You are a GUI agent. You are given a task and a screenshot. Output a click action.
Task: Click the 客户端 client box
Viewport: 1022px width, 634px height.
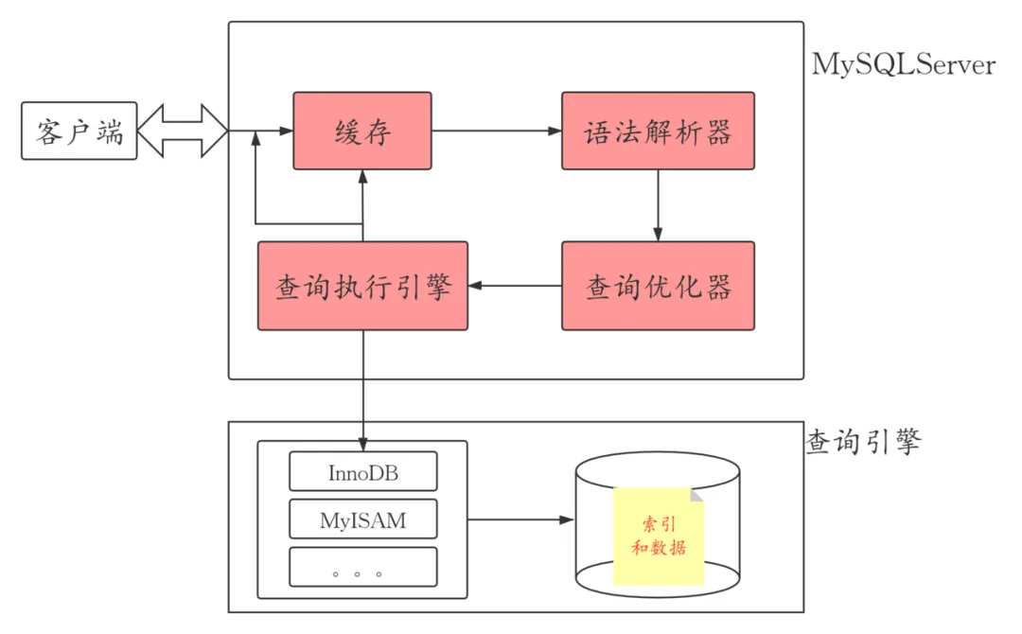click(79, 131)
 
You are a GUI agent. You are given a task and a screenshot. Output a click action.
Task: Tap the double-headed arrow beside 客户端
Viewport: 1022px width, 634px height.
click(183, 131)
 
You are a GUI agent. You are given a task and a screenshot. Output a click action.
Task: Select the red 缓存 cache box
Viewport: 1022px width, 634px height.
click(362, 131)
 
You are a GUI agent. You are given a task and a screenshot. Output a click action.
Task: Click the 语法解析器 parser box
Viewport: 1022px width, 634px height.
click(659, 131)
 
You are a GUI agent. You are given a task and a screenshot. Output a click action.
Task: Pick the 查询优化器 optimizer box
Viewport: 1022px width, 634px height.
click(659, 286)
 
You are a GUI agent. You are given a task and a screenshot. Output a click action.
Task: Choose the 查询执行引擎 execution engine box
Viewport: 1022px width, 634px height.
click(362, 286)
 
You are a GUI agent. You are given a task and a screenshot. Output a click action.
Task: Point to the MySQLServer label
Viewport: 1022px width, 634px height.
click(904, 65)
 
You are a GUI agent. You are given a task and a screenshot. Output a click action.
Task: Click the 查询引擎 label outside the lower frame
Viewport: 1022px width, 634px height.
click(863, 442)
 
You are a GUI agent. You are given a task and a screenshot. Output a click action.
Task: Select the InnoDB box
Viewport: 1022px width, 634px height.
click(363, 471)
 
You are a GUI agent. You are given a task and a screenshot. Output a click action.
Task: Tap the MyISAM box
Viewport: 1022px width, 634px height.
click(363, 520)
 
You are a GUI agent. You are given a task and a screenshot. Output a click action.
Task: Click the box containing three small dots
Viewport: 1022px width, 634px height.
click(363, 567)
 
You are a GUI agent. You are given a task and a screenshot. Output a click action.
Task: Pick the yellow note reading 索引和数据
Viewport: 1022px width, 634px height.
click(659, 536)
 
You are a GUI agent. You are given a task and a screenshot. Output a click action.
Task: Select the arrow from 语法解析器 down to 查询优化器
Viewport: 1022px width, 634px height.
click(658, 205)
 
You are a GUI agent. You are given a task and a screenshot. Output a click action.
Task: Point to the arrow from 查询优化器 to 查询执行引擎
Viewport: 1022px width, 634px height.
click(515, 286)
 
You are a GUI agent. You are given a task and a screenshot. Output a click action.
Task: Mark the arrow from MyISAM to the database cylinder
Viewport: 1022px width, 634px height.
click(520, 520)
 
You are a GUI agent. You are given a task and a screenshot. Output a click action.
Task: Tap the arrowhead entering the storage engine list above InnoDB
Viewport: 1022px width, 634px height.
click(363, 445)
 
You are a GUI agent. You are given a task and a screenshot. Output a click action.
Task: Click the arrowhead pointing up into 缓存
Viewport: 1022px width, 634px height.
click(362, 177)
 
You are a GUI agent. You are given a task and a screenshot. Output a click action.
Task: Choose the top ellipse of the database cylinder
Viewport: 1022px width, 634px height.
click(658, 470)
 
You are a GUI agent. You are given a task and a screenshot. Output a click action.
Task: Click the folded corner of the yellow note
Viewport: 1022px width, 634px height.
click(697, 495)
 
